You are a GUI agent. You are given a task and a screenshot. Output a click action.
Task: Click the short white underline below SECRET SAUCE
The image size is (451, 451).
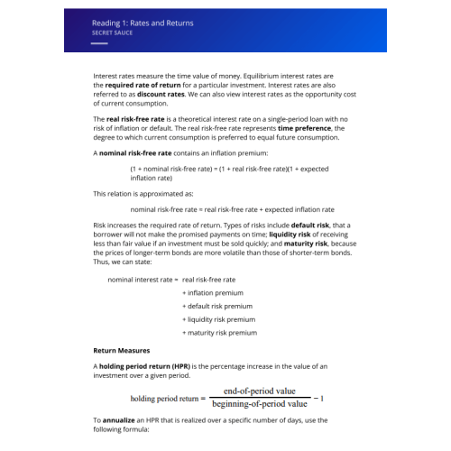pyautogui.click(x=99, y=42)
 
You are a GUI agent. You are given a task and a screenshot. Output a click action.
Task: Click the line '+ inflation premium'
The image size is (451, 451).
pyautogui.click(x=213, y=293)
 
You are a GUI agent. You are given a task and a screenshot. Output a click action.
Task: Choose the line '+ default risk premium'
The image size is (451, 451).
pyautogui.click(x=217, y=306)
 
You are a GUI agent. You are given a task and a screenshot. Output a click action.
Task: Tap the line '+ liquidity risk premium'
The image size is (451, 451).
pyautogui.click(x=218, y=319)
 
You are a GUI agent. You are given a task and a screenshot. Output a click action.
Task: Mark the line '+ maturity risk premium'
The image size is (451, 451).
pyautogui.click(x=219, y=333)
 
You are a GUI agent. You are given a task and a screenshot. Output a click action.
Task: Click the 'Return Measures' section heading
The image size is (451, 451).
pyautogui.click(x=122, y=350)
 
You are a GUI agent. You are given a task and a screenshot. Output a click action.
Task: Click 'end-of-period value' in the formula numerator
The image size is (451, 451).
pyautogui.click(x=260, y=391)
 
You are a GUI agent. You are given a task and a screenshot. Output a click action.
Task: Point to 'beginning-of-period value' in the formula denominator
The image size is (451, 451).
pyautogui.click(x=260, y=404)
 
